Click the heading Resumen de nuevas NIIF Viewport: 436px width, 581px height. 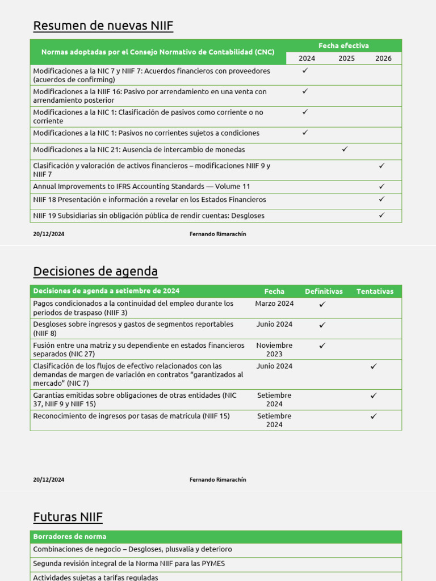(x=103, y=26)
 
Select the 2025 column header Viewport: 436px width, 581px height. (x=346, y=58)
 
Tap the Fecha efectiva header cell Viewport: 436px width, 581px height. (x=343, y=46)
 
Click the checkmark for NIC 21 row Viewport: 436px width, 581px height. (x=345, y=149)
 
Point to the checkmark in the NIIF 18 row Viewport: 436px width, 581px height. (x=381, y=199)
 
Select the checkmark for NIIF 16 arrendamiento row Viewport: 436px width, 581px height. (x=305, y=91)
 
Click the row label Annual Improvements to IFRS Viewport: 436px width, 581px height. (x=141, y=187)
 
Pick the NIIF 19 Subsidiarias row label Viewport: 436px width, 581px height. (x=149, y=216)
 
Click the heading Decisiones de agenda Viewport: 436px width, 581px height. (x=95, y=271)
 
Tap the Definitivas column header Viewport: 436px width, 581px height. (x=324, y=292)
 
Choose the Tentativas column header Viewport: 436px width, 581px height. (x=375, y=292)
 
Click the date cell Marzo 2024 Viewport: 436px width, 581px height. (x=274, y=304)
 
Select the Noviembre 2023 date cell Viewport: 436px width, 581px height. (x=274, y=350)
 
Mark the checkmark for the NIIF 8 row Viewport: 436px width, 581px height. (x=322, y=325)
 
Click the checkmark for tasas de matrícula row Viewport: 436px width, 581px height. (x=374, y=416)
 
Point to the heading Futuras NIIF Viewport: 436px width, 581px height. (x=68, y=517)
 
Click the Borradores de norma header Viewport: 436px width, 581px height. (x=70, y=537)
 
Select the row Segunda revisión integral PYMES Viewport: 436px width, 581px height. (x=132, y=564)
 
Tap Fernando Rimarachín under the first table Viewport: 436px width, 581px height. (x=217, y=234)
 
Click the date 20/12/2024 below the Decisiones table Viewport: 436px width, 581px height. (x=49, y=479)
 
